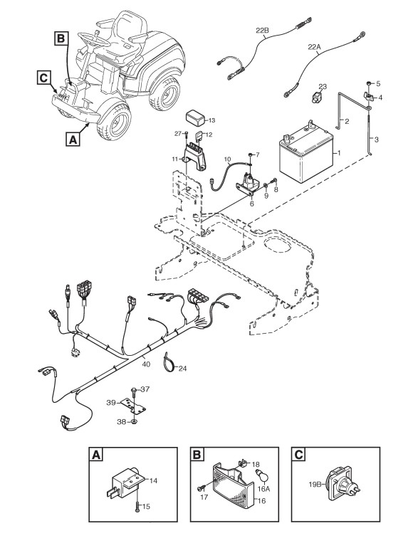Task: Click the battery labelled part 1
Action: [305, 154]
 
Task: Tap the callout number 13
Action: [211, 120]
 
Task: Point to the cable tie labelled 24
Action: [169, 362]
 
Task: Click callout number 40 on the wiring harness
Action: [146, 364]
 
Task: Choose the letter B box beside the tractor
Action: [61, 38]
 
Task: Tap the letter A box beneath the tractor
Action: [73, 139]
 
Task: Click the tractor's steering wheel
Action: [93, 38]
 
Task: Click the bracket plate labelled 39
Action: [134, 407]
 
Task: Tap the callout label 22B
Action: [263, 30]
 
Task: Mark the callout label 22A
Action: [313, 47]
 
